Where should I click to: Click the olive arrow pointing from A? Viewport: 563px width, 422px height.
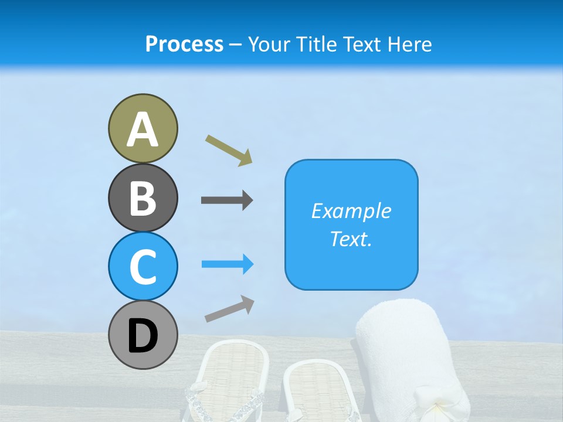[x=229, y=149]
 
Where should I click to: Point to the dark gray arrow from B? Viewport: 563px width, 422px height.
[x=227, y=200]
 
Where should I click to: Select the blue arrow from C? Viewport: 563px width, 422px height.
[x=228, y=265]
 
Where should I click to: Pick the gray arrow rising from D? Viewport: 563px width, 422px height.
[x=229, y=309]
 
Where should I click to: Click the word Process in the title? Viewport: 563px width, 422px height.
[x=184, y=44]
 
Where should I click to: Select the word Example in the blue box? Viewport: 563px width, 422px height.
[x=351, y=211]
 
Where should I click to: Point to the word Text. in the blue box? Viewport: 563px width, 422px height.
[x=351, y=239]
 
